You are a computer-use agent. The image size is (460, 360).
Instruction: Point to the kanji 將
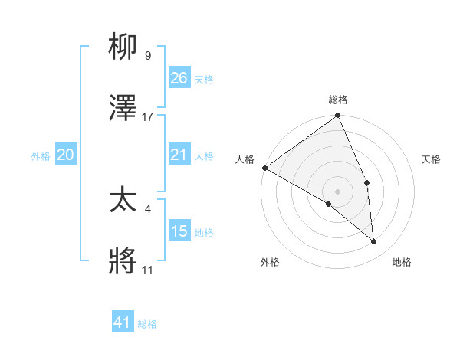(123, 262)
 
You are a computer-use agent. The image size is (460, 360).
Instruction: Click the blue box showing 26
(179, 78)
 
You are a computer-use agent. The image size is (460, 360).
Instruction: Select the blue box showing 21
(179, 155)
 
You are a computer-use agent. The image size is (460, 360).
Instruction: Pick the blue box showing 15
(179, 231)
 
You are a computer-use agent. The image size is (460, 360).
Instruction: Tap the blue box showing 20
(66, 155)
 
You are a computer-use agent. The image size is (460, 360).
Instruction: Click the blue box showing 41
(123, 322)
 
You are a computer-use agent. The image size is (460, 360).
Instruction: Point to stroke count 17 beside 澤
(148, 117)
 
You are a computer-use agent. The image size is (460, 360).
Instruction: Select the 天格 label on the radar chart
(432, 159)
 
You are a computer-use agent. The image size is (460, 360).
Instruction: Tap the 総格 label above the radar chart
(338, 100)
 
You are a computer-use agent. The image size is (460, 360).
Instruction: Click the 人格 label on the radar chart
(245, 159)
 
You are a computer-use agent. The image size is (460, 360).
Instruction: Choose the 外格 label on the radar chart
(270, 262)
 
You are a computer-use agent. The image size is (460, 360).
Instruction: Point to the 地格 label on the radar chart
(402, 262)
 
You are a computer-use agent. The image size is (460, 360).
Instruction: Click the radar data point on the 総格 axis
(337, 116)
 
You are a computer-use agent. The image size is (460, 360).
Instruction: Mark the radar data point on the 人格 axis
(264, 168)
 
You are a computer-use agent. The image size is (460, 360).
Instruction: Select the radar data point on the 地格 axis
(374, 242)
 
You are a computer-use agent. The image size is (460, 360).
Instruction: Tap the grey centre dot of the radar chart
(337, 191)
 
